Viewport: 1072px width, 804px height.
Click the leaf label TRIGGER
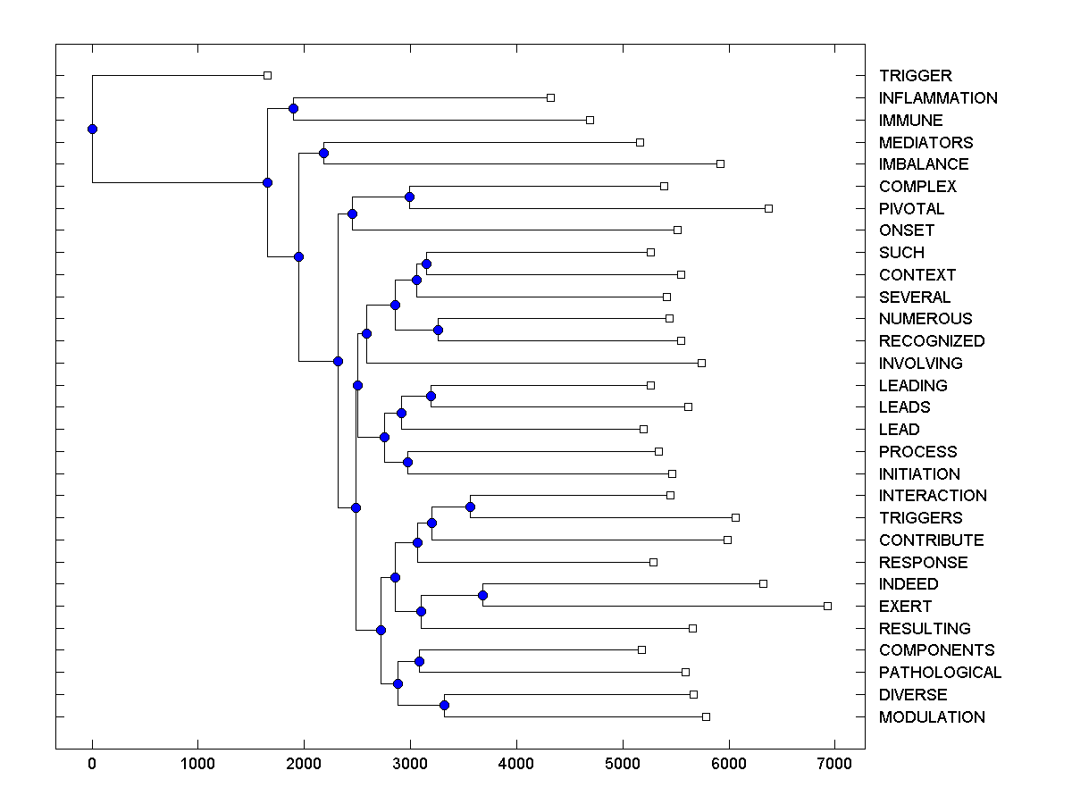(x=915, y=76)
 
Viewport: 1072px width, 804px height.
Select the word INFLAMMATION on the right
(x=937, y=98)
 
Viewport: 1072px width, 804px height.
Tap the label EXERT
(x=904, y=607)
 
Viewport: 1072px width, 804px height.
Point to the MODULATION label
(x=931, y=717)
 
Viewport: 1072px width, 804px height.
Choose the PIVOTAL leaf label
(x=911, y=209)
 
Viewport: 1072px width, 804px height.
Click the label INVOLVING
(x=920, y=364)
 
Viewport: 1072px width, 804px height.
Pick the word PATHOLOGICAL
(x=940, y=673)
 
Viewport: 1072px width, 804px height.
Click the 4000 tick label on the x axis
(x=516, y=763)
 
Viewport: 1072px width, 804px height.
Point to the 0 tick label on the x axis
(x=92, y=763)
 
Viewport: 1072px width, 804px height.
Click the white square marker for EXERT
(x=827, y=606)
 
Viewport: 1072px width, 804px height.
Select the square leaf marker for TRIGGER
(x=267, y=75)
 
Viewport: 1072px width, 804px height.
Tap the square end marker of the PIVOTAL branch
(x=768, y=208)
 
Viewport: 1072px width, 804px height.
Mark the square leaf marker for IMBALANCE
(x=720, y=163)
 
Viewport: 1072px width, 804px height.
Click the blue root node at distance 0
(x=92, y=129)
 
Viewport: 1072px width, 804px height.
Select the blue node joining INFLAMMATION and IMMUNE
(x=293, y=108)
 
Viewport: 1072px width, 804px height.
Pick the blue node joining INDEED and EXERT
(x=482, y=595)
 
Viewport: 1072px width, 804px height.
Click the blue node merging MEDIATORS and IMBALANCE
(x=323, y=153)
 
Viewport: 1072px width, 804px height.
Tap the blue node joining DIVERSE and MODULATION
(x=444, y=706)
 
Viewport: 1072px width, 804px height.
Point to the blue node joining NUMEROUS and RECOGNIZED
(x=438, y=330)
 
